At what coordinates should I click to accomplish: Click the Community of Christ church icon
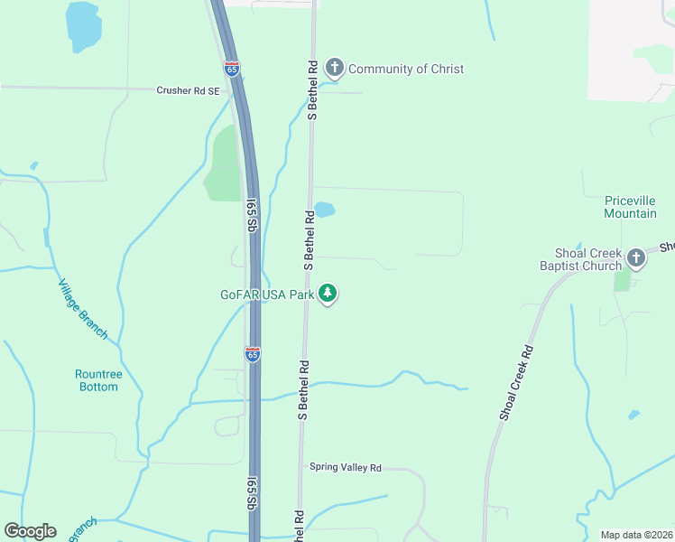(335, 68)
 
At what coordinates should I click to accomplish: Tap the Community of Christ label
(406, 69)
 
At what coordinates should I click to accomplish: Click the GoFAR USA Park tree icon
(328, 294)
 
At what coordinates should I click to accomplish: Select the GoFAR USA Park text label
(267, 294)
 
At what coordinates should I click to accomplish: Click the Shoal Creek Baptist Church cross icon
(636, 258)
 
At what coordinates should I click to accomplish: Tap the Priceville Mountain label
(630, 207)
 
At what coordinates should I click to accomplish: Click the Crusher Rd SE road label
(188, 90)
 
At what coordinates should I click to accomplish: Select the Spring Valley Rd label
(346, 467)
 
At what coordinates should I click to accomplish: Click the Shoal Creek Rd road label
(516, 383)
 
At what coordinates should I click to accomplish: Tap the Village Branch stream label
(82, 309)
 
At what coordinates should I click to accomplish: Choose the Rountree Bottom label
(97, 380)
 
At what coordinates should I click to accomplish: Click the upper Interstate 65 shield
(232, 66)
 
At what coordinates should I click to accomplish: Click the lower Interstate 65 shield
(253, 354)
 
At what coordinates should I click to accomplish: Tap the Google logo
(31, 531)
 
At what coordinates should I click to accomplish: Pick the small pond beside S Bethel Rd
(324, 210)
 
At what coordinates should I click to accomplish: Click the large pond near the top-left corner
(82, 25)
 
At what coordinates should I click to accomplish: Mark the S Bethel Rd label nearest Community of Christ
(312, 90)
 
